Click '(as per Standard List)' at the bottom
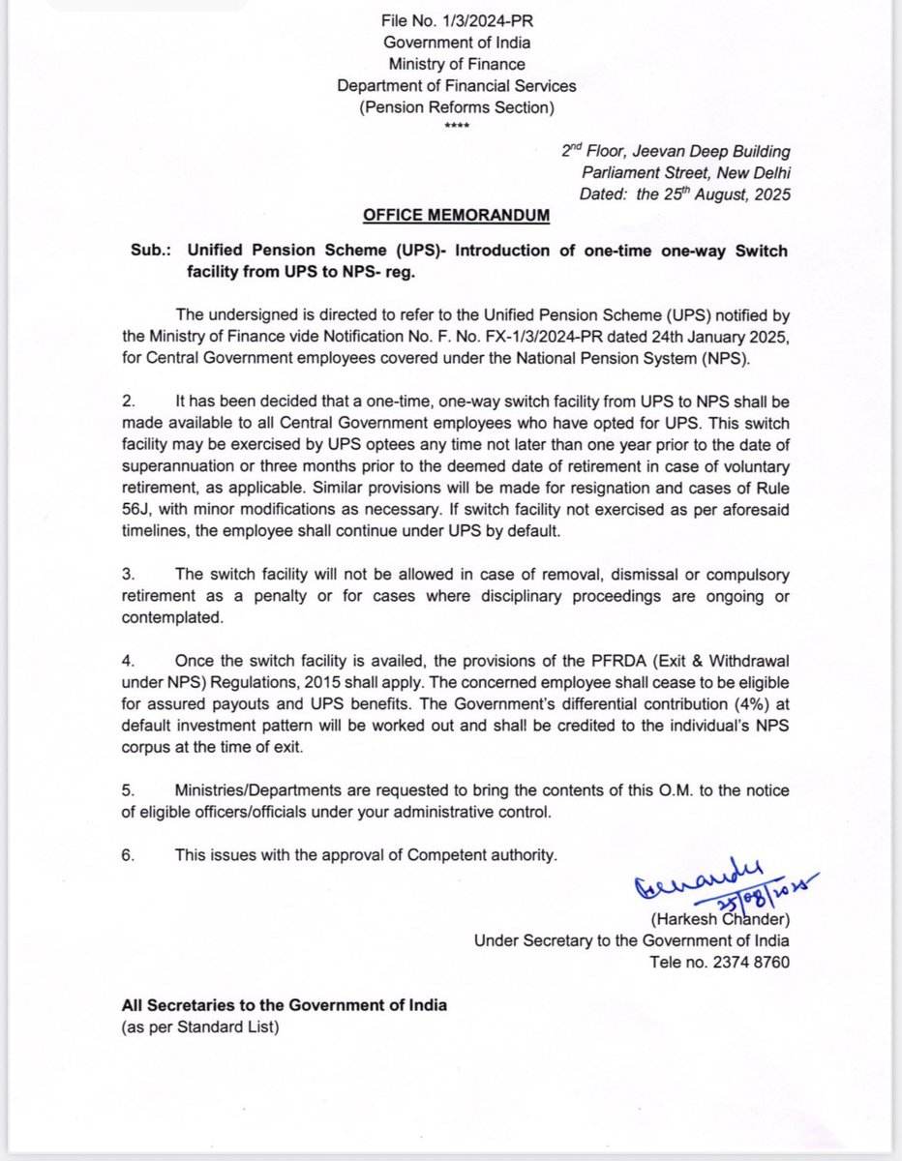click(200, 1027)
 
